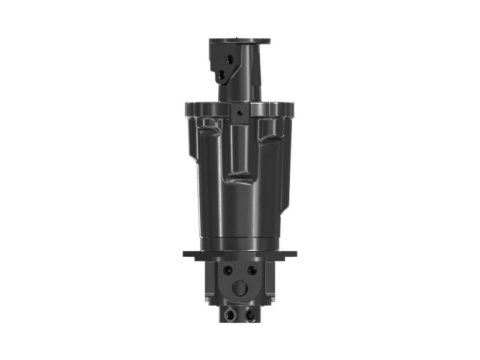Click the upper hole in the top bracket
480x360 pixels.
click(229, 58)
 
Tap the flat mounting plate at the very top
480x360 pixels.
click(239, 41)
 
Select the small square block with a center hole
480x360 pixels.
click(239, 114)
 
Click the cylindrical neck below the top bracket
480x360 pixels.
click(239, 90)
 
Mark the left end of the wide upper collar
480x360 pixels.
click(188, 110)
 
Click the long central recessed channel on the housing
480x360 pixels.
click(239, 150)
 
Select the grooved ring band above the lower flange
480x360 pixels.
click(239, 244)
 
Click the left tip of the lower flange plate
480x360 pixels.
click(185, 254)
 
